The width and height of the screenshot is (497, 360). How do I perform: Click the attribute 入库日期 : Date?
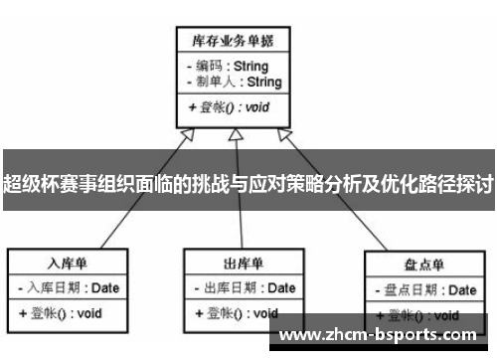[x=68, y=288]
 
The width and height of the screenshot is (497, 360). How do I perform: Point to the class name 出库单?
[x=243, y=264]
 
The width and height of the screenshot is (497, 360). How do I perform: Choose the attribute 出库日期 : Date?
[x=243, y=288]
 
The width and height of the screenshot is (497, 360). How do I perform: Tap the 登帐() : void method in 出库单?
[x=233, y=312]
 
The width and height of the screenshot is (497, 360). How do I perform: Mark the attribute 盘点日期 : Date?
[x=424, y=290]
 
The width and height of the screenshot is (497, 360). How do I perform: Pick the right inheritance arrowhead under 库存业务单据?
[x=285, y=134]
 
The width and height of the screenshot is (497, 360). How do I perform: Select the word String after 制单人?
[x=263, y=83]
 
